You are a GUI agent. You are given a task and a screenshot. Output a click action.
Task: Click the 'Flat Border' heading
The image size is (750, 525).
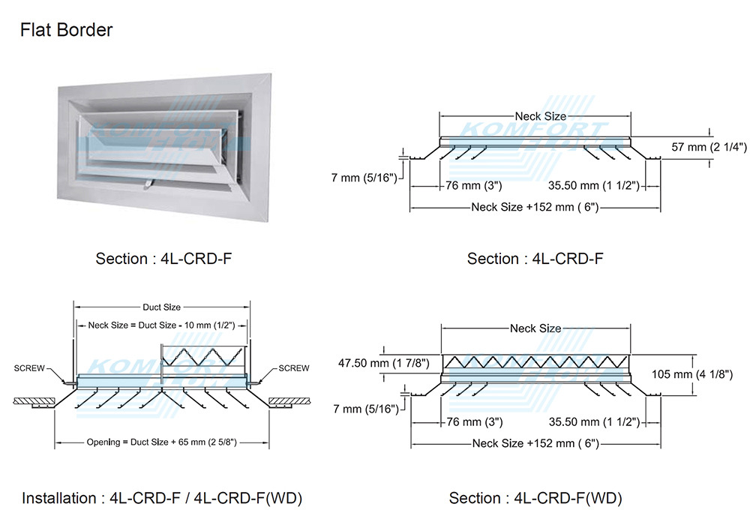pos(67,31)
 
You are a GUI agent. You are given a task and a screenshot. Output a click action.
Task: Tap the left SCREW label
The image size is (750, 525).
pos(29,368)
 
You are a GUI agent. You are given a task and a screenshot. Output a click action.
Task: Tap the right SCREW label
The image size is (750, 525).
pos(293,368)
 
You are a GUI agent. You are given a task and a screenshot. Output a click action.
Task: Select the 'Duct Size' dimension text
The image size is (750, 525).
pos(161,307)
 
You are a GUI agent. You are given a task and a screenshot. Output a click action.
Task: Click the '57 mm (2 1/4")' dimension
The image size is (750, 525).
pos(709,147)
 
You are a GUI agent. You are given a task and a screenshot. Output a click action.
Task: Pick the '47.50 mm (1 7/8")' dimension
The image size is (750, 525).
pos(383,363)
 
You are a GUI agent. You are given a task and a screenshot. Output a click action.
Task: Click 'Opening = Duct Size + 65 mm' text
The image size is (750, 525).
pos(162,442)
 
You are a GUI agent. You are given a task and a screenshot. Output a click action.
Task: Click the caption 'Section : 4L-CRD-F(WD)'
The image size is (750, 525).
pos(535,498)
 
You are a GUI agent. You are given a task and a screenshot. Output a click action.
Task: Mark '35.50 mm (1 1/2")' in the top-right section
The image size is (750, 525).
pos(593,185)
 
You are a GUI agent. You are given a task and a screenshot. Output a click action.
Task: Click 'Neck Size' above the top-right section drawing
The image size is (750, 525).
pos(540,116)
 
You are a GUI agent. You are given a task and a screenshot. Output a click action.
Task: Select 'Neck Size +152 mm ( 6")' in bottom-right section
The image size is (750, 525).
pos(535,443)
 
